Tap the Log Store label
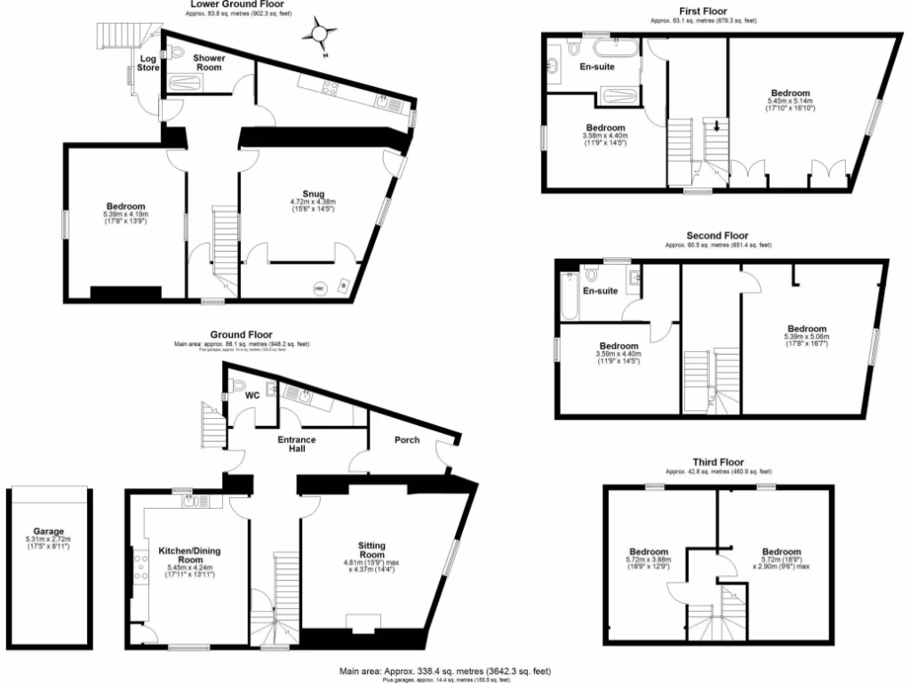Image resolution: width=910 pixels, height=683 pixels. (147, 64)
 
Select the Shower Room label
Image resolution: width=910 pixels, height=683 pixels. (210, 63)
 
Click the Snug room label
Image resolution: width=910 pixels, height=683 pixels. (313, 194)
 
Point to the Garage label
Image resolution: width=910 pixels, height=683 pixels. (49, 531)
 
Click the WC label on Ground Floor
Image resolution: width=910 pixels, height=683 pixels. (253, 398)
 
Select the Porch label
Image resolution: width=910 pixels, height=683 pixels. (407, 440)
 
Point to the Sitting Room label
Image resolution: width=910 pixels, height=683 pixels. (371, 550)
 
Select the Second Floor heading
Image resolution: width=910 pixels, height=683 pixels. (710, 236)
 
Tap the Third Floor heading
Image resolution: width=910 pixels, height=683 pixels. (718, 462)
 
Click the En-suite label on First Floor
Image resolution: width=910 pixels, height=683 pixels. (597, 66)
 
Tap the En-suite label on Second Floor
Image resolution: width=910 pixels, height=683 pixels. (600, 291)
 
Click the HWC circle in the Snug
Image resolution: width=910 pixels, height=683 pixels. (321, 288)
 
